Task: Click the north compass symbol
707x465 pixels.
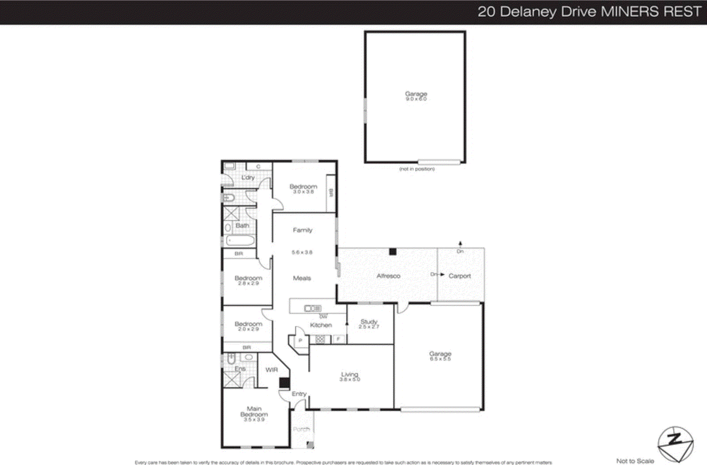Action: coord(675,443)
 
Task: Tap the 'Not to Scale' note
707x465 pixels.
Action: coord(635,461)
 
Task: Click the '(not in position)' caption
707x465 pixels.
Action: coord(417,169)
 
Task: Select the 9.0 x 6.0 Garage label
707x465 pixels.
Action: coord(416,96)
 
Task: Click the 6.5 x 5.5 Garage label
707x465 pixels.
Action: coord(440,356)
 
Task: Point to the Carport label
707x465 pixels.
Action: coord(460,276)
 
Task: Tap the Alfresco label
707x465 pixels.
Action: coord(388,276)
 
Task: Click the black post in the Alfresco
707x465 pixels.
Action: coord(392,252)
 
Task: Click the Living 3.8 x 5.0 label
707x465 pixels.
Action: coord(350,377)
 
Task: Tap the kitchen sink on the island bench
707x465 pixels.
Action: coord(312,308)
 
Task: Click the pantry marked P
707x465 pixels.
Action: coord(300,340)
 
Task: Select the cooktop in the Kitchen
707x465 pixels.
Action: coord(320,339)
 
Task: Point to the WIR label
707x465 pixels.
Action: coord(271,370)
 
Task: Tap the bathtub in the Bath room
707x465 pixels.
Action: coord(240,241)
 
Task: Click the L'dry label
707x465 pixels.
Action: coord(248,177)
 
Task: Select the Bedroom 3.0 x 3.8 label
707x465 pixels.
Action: coord(303,189)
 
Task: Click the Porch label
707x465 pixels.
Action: coord(301,429)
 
